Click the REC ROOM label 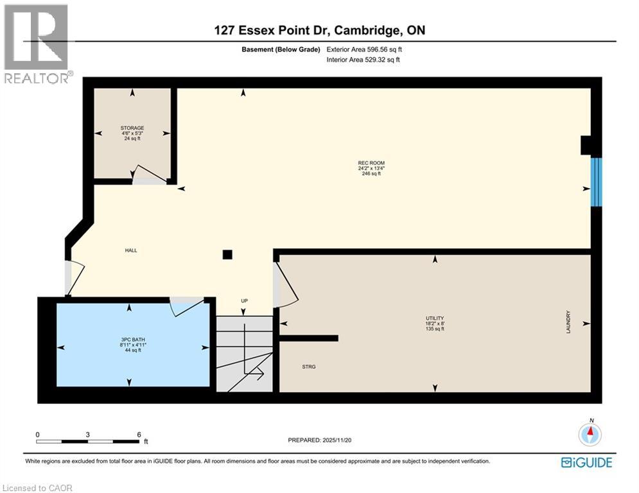click(371, 163)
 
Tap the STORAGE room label click(132, 128)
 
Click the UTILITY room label click(435, 318)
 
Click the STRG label click(309, 367)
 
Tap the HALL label click(131, 250)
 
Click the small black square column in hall click(227, 254)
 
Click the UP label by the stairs click(244, 300)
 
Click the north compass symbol click(590, 435)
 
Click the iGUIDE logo click(586, 462)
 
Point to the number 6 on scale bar click(139, 434)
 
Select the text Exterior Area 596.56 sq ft click(365, 49)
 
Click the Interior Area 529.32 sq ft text click(364, 60)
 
